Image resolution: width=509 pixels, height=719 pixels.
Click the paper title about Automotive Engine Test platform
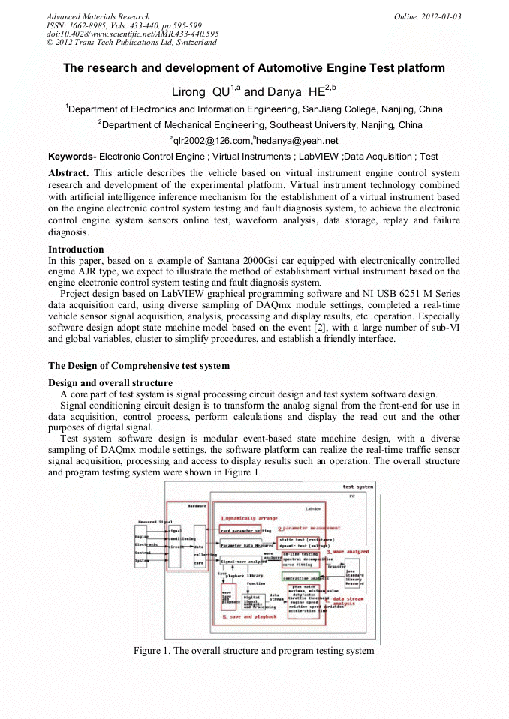pos(254,68)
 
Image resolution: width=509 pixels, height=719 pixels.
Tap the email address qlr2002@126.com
pos(211,141)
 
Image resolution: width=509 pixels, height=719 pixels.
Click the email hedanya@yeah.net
pos(297,141)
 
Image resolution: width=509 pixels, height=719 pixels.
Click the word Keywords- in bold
pos(72,157)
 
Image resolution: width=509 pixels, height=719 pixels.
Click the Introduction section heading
pos(76,250)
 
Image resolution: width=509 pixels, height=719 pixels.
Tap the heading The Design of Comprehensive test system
pos(139,366)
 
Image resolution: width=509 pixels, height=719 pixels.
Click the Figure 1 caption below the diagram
pos(254,650)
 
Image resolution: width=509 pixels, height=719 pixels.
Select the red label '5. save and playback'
pos(250,616)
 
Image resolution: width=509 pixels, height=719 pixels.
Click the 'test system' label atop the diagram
pos(357,487)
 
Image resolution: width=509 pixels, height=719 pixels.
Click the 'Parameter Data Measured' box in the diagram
pos(247,546)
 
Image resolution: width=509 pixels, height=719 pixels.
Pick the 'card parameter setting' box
pos(245,531)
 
